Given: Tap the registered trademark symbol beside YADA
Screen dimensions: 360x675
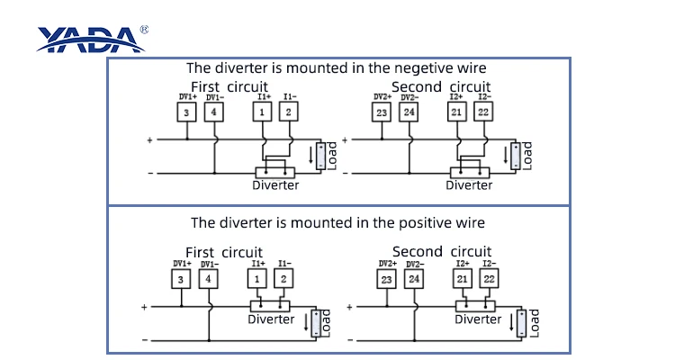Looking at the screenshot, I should pos(145,29).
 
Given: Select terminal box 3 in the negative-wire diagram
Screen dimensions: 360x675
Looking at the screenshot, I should pos(185,112).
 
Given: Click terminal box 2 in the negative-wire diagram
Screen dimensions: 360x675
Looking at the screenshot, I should pos(288,112).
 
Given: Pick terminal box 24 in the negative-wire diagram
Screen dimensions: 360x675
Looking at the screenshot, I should pos(409,112).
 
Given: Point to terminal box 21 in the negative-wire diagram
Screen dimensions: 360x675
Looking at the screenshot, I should pos(456,112).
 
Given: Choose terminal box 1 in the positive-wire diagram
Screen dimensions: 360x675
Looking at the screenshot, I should pos(258,279).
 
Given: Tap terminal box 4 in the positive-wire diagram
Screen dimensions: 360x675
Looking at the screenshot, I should pos(208,279).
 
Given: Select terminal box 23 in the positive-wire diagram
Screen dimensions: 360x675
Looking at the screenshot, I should pos(386,279).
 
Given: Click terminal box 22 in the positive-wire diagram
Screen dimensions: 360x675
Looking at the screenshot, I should pos(490,279).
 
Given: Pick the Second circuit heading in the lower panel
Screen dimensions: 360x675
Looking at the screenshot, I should pos(441,251).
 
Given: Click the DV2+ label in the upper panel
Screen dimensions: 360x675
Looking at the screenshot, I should pos(382,96).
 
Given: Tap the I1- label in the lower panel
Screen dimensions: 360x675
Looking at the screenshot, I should pos(283,264).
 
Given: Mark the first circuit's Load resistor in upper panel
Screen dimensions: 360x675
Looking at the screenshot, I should pos(319,156).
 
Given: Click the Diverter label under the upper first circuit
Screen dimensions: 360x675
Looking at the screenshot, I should pos(274,184).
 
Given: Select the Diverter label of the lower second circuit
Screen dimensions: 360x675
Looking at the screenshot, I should pos(478,319).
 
